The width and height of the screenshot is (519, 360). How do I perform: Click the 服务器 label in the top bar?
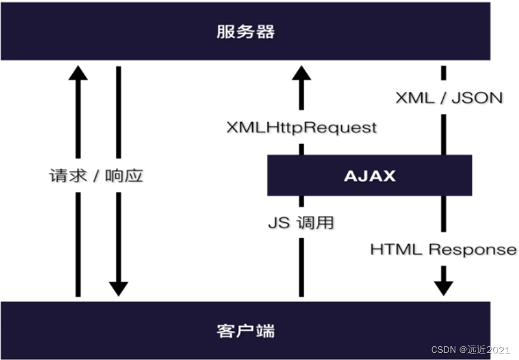245,31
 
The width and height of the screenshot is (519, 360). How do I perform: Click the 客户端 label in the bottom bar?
245,330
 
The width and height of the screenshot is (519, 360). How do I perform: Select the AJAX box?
369,175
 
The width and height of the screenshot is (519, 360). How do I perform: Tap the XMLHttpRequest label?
301,128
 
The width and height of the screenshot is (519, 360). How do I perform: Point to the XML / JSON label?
449,98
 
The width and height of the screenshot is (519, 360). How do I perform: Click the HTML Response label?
443,249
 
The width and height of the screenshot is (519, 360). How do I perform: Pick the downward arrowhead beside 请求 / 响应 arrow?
118,288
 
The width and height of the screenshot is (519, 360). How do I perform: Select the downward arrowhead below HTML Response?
443,288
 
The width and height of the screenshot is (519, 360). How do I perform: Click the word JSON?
477,98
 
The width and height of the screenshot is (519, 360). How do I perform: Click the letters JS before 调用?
279,223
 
